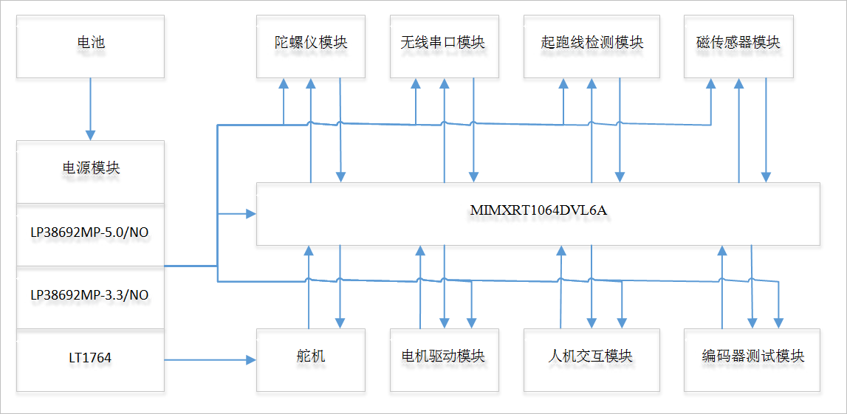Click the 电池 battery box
point(90,43)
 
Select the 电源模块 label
point(90,168)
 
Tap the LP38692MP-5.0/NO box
point(89,233)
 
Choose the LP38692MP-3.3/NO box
point(89,295)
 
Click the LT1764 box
point(89,359)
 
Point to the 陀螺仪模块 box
point(310,43)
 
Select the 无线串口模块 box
point(444,43)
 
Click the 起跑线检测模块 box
point(591,43)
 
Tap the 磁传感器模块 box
point(738,43)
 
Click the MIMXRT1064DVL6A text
point(538,210)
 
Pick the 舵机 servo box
point(310,357)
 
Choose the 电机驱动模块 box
point(444,357)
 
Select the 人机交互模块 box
point(591,357)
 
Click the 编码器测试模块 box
point(752,357)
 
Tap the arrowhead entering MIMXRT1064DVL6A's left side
point(250,214)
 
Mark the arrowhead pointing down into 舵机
point(340,322)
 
